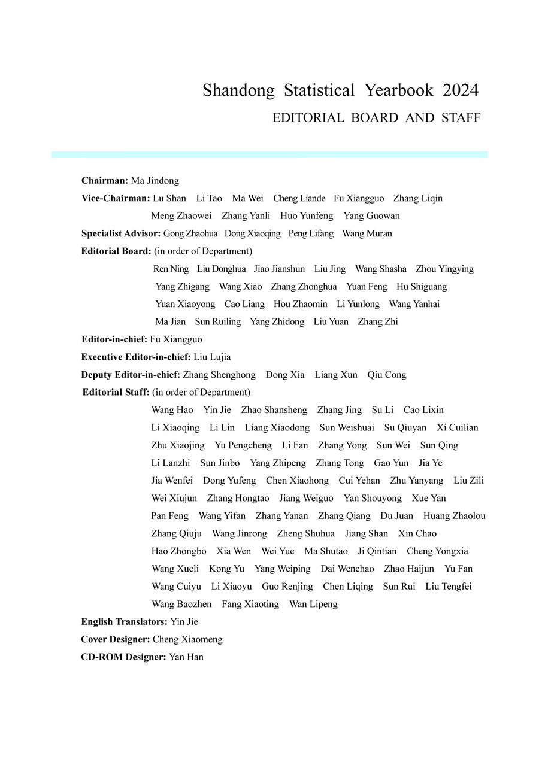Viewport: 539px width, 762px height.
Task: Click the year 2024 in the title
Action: click(461, 90)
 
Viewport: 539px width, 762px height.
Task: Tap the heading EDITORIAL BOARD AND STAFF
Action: click(376, 118)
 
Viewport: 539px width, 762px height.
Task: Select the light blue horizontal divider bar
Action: click(269, 154)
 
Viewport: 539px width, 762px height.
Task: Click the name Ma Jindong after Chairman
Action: click(155, 181)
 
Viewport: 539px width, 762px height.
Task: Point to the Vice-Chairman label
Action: click(116, 198)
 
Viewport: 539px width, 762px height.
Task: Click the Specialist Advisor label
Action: click(121, 233)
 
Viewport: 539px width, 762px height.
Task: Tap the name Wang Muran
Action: click(367, 233)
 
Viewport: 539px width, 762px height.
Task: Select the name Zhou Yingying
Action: click(444, 269)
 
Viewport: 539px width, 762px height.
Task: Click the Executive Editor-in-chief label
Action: click(136, 357)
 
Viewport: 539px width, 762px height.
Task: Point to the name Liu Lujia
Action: click(212, 357)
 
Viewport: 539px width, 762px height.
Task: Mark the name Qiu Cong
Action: click(387, 375)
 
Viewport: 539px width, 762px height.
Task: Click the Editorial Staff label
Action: click(116, 393)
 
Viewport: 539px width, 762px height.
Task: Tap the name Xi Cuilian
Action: click(458, 428)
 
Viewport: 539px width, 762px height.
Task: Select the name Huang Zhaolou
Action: click(454, 516)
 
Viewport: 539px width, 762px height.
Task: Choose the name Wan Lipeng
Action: click(313, 605)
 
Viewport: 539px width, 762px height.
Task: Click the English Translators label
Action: click(124, 622)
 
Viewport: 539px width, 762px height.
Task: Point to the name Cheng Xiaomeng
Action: click(187, 640)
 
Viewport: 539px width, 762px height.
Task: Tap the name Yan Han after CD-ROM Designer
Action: click(186, 657)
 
